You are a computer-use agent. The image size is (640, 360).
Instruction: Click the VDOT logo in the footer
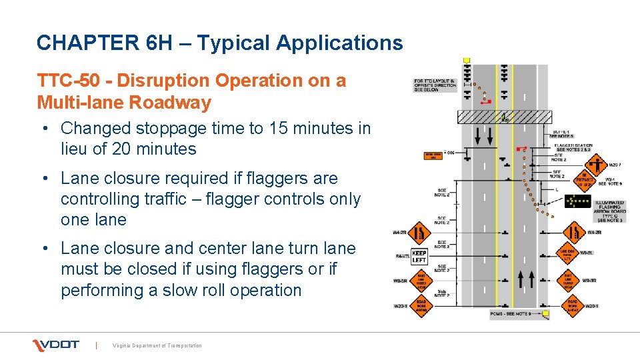(56, 345)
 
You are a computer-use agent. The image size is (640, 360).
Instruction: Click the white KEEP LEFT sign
(419, 257)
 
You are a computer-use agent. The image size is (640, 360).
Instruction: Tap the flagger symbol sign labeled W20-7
(596, 163)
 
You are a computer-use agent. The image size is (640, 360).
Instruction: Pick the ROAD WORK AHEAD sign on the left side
(421, 306)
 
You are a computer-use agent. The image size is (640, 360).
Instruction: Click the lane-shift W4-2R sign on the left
(419, 233)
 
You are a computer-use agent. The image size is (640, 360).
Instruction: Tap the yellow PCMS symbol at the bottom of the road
(546, 313)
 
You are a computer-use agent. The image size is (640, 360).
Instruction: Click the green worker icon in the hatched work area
(505, 119)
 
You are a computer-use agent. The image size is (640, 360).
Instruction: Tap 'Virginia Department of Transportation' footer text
(157, 345)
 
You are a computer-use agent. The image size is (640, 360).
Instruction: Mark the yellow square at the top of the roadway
(467, 61)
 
